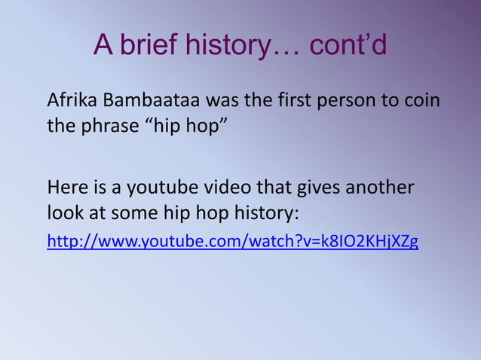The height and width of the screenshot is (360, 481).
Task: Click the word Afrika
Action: pyautogui.click(x=69, y=100)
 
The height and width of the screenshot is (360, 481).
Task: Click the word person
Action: pyautogui.click(x=339, y=101)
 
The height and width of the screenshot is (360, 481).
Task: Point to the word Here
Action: pyautogui.click(x=65, y=186)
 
